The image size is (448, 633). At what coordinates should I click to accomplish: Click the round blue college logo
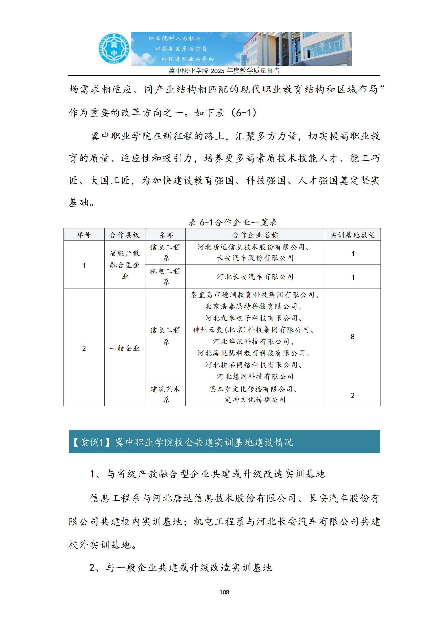(x=113, y=48)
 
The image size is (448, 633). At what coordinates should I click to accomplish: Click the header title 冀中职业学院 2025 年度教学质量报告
(x=224, y=70)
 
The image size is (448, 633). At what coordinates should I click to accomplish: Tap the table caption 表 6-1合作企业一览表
(x=233, y=222)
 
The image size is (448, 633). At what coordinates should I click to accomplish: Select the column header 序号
(x=84, y=235)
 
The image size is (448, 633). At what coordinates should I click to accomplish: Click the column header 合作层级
(x=124, y=235)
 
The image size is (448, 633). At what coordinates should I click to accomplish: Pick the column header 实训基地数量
(x=352, y=235)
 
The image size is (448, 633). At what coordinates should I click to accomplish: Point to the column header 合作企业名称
(x=255, y=235)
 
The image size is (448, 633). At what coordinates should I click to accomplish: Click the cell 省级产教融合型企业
(x=124, y=264)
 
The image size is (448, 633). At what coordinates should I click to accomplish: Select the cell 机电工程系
(x=165, y=276)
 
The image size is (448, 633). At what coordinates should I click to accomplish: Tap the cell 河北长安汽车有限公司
(x=255, y=277)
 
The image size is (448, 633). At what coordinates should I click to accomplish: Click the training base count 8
(x=352, y=336)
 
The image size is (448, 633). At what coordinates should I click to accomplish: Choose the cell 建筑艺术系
(x=165, y=394)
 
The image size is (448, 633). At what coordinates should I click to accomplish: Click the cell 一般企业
(x=124, y=348)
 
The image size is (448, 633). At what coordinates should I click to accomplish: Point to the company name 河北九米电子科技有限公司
(x=253, y=318)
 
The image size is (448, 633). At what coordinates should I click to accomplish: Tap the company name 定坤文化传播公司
(x=255, y=400)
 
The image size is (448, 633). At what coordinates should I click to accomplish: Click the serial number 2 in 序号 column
(x=84, y=348)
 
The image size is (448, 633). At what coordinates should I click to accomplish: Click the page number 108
(x=224, y=592)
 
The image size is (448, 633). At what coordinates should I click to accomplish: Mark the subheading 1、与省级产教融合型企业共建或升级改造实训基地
(x=207, y=474)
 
